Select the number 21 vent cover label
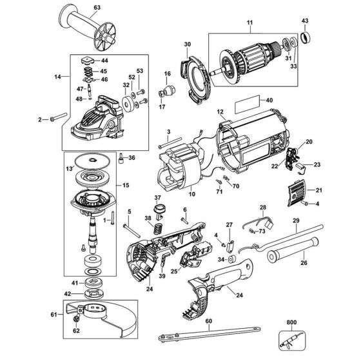(x=318, y=191)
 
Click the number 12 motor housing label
(x=220, y=112)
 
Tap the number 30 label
(x=188, y=44)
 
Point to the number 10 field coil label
(x=191, y=192)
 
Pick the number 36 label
(x=132, y=158)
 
